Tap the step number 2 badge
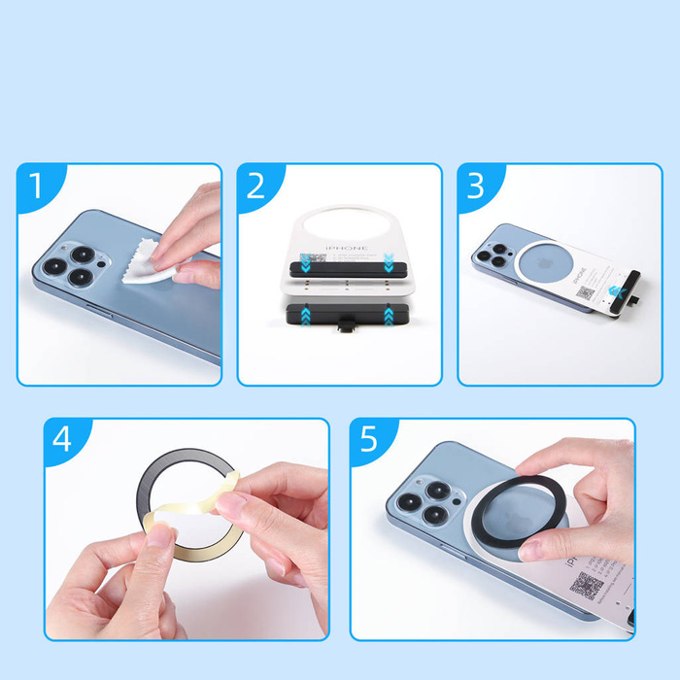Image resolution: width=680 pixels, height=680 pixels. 256,185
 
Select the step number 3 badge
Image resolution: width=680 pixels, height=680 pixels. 476,185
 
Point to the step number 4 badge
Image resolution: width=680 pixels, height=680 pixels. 63,439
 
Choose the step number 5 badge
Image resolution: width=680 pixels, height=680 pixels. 369,439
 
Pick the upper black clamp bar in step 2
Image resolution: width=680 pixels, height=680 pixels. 339,263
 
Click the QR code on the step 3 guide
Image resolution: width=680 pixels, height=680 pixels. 585,292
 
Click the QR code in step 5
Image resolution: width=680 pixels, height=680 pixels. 586,585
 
